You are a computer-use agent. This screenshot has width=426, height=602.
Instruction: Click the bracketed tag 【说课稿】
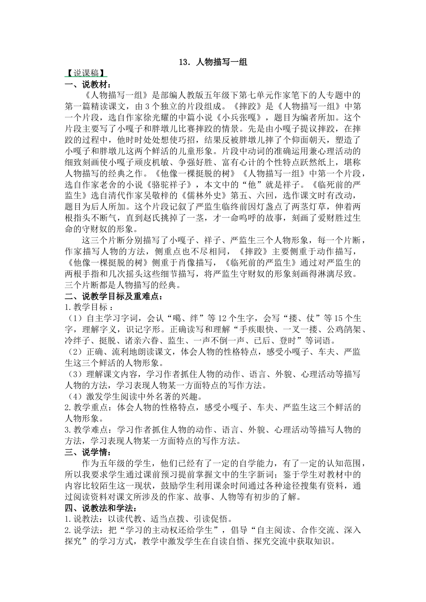tap(85, 73)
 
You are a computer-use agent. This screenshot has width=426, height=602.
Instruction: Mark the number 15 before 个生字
tap(339, 318)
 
